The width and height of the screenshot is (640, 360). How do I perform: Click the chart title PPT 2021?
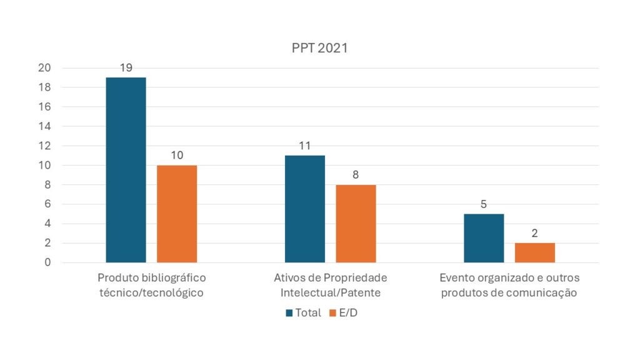(319, 48)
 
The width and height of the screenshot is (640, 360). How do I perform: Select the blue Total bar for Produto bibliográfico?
(126, 170)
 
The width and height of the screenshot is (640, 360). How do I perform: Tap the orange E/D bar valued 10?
(177, 214)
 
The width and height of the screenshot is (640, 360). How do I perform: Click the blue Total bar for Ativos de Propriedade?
(305, 209)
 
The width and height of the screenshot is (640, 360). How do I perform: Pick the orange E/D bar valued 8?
(356, 224)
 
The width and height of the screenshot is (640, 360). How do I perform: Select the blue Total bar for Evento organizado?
(484, 238)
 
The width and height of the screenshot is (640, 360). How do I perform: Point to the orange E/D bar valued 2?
(534, 252)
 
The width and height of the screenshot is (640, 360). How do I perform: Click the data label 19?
(126, 67)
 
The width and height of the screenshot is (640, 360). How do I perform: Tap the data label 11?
(305, 146)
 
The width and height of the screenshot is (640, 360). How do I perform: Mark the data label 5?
(484, 204)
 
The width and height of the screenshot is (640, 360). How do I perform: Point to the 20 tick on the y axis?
(44, 68)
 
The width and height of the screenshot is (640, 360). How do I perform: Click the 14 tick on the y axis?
(44, 126)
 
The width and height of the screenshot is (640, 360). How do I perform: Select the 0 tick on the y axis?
(47, 262)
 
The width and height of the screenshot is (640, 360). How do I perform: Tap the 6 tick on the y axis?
(47, 204)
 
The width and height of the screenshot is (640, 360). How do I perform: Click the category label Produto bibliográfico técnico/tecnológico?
(151, 285)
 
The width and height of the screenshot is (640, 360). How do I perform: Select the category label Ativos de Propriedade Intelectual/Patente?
(330, 285)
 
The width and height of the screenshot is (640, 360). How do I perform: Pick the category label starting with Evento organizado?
(509, 285)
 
